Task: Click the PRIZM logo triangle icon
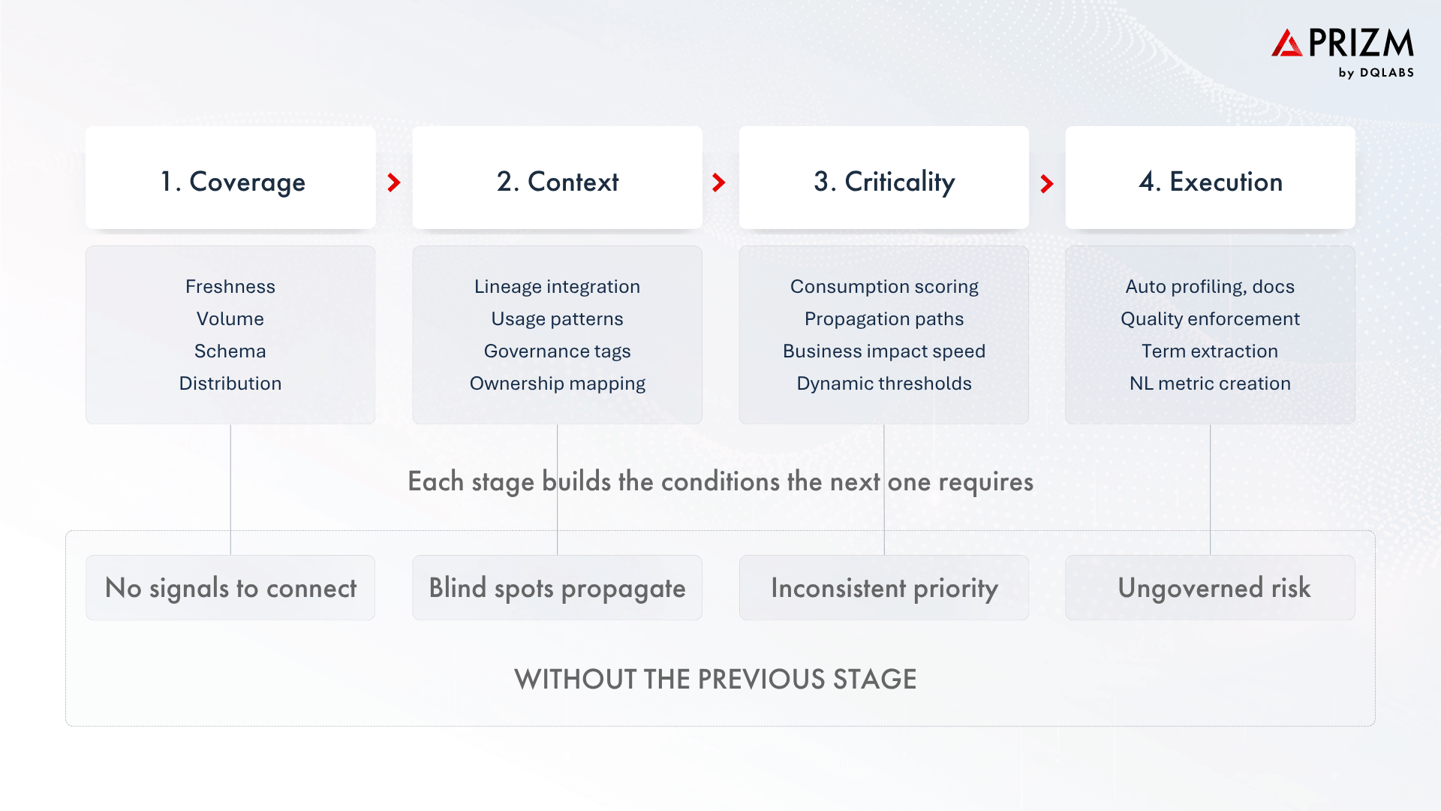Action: [1286, 44]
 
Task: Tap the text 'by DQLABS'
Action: [1376, 73]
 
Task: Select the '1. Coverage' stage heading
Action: [232, 182]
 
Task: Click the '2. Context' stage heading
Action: [557, 182]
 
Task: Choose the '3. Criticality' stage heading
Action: [883, 182]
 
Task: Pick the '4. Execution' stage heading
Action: [1210, 182]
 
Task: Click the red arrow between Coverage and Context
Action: [394, 182]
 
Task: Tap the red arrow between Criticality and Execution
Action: [1047, 183]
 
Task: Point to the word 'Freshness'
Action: [230, 286]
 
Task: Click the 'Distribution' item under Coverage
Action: [230, 383]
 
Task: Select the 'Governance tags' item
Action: [557, 351]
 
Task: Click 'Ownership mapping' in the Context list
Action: [557, 383]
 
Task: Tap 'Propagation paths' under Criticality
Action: [883, 318]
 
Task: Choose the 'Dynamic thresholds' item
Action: [883, 383]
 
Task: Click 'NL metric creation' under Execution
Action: [1210, 383]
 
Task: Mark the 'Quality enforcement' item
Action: [1210, 318]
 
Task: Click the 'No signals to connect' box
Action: [230, 588]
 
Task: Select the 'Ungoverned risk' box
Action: [1214, 588]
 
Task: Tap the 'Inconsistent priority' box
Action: [883, 588]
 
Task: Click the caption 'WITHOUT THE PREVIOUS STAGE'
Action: [715, 679]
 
